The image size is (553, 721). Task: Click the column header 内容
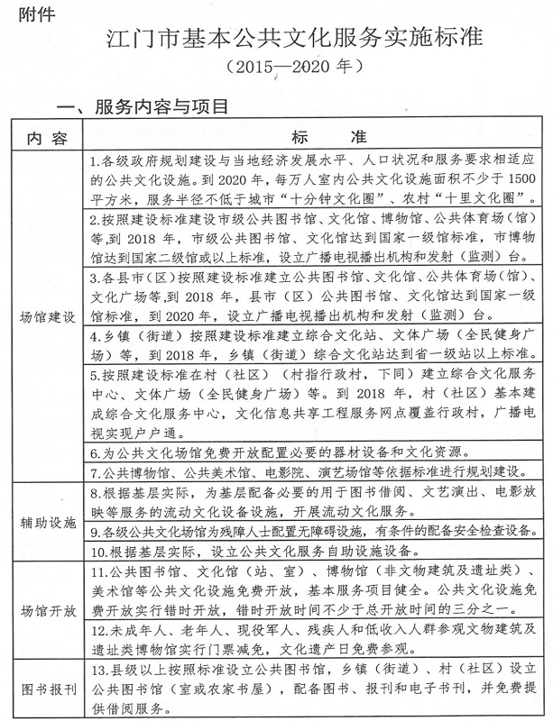pos(48,136)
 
